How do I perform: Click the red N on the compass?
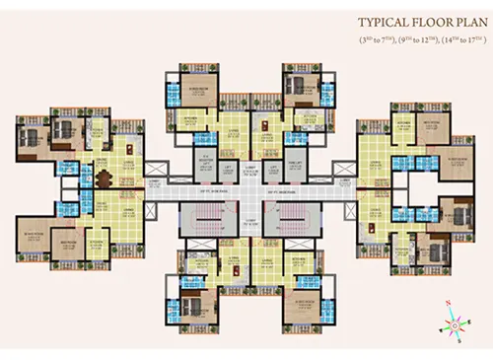pos(449,303)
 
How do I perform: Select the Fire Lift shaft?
pos(295,168)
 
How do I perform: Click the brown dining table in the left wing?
pos(104,179)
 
